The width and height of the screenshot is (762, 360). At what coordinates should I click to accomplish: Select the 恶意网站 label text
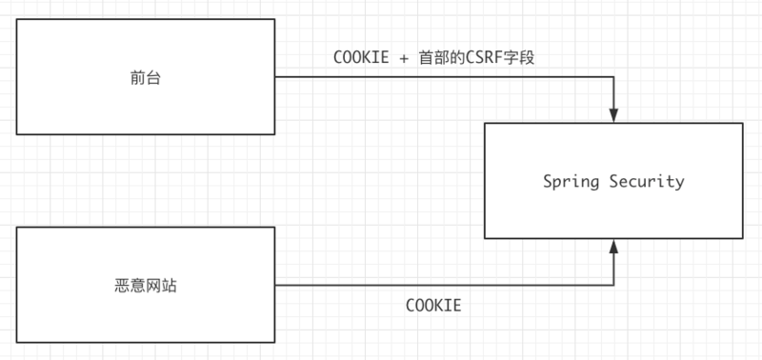tap(146, 285)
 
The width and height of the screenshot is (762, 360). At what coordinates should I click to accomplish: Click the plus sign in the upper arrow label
tap(404, 57)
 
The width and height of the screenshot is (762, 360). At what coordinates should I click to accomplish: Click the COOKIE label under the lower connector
tap(433, 306)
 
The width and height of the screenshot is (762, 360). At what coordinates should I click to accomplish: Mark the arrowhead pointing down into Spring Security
tap(614, 115)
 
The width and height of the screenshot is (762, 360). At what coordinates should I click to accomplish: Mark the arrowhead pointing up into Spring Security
tap(614, 247)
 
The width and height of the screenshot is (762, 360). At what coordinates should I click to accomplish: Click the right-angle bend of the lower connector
tap(614, 285)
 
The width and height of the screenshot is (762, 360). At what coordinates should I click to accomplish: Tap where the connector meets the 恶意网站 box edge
tap(275, 285)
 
